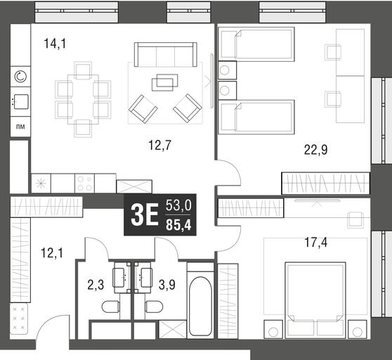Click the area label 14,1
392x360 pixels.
click(55, 44)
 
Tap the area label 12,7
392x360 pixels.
click(159, 145)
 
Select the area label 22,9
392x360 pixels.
click(315, 150)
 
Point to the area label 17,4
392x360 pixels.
click(315, 243)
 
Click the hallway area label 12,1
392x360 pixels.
click(52, 253)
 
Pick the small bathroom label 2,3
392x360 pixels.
click(96, 285)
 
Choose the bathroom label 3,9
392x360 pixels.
click(167, 285)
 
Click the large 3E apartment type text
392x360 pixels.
click(145, 214)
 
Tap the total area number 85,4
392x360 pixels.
click(178, 226)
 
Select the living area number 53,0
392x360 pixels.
click(178, 206)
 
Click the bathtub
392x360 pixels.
click(200, 306)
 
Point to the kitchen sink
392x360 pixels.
click(21, 101)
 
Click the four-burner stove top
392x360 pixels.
click(84, 184)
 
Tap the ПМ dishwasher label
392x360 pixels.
click(20, 127)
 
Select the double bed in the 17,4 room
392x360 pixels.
click(315, 300)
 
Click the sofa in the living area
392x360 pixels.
click(165, 54)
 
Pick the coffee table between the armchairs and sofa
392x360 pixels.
click(165, 82)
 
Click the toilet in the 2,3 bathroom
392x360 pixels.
click(111, 307)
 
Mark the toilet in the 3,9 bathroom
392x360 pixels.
click(155, 307)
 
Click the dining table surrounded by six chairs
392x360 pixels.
click(83, 99)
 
